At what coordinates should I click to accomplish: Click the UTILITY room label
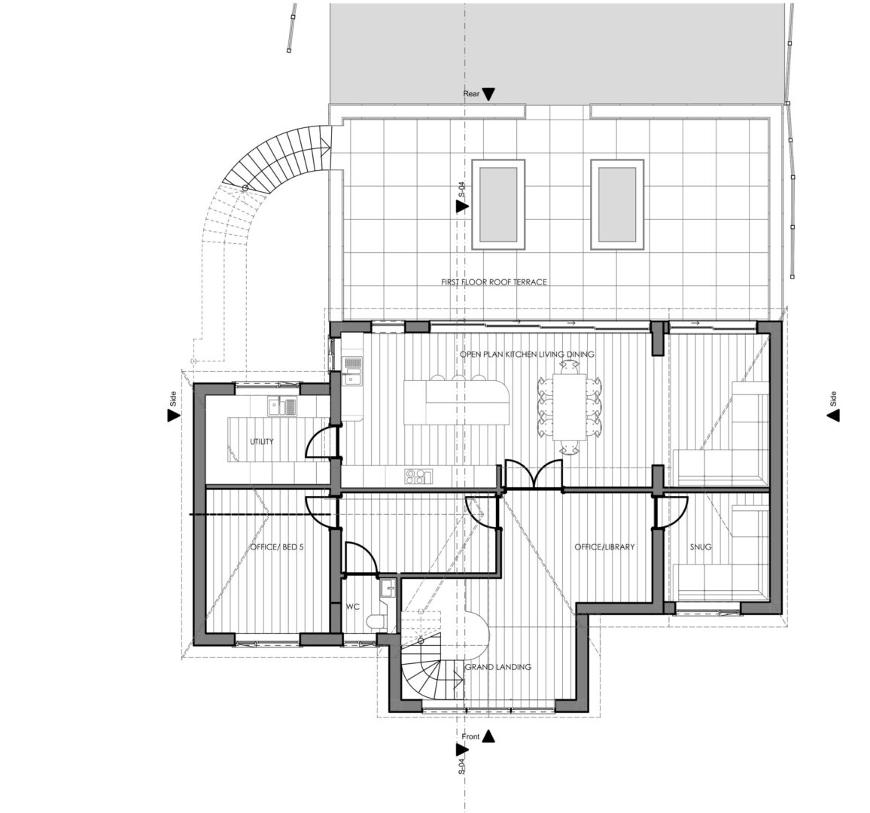tap(261, 442)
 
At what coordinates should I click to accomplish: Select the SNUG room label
tap(701, 547)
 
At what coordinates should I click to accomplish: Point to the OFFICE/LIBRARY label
tap(604, 547)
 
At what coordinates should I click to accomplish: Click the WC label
tap(353, 607)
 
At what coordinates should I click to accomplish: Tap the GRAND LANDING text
tap(497, 666)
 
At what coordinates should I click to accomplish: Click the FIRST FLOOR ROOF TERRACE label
tap(494, 282)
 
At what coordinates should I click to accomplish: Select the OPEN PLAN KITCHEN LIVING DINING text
tap(527, 354)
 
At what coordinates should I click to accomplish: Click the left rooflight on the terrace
tap(498, 204)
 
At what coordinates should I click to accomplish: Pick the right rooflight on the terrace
tap(617, 204)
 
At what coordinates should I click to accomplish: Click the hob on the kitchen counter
tap(418, 477)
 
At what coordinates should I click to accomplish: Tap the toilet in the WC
tap(379, 621)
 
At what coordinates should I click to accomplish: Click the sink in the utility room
tap(282, 406)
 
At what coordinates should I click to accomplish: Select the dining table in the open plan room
tap(569, 407)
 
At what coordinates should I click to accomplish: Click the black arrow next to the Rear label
tap(488, 94)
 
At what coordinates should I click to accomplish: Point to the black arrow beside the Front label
tap(488, 736)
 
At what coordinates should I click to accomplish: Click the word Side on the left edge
tap(172, 398)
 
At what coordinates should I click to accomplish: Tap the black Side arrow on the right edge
tap(833, 415)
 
